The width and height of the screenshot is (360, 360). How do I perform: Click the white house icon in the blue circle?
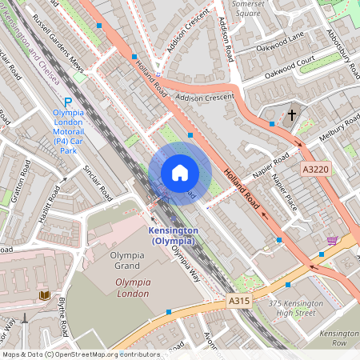[179, 173]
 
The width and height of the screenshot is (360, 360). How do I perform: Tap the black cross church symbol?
[292, 115]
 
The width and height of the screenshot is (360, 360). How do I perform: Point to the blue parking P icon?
[68, 102]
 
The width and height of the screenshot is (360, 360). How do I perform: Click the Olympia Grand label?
[132, 265]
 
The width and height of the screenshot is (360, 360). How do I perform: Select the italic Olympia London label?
[132, 288]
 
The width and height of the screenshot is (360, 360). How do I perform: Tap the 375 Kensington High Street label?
[296, 307]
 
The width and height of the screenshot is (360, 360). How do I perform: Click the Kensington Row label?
[339, 336]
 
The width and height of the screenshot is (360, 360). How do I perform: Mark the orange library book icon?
[44, 295]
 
